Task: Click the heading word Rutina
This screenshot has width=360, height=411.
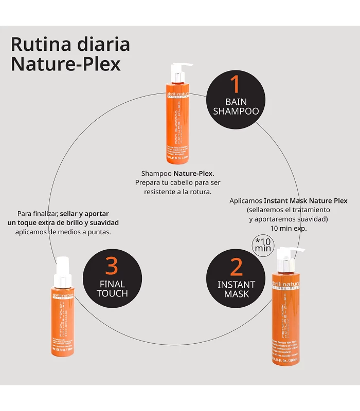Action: [37, 45]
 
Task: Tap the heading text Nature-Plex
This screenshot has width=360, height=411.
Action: [65, 64]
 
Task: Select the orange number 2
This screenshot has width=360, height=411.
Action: [236, 267]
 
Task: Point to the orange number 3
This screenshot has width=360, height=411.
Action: [112, 266]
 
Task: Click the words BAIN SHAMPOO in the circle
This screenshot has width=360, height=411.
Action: [236, 106]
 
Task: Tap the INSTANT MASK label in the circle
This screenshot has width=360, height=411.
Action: [236, 289]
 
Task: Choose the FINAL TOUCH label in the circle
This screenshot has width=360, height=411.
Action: [112, 288]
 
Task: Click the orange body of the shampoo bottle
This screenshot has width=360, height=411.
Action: [177, 123]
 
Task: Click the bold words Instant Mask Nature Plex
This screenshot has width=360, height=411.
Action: [305, 201]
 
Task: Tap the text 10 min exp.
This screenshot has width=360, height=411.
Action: [288, 228]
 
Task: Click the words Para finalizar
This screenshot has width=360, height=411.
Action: [37, 213]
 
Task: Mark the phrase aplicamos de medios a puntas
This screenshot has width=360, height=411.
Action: [63, 232]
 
